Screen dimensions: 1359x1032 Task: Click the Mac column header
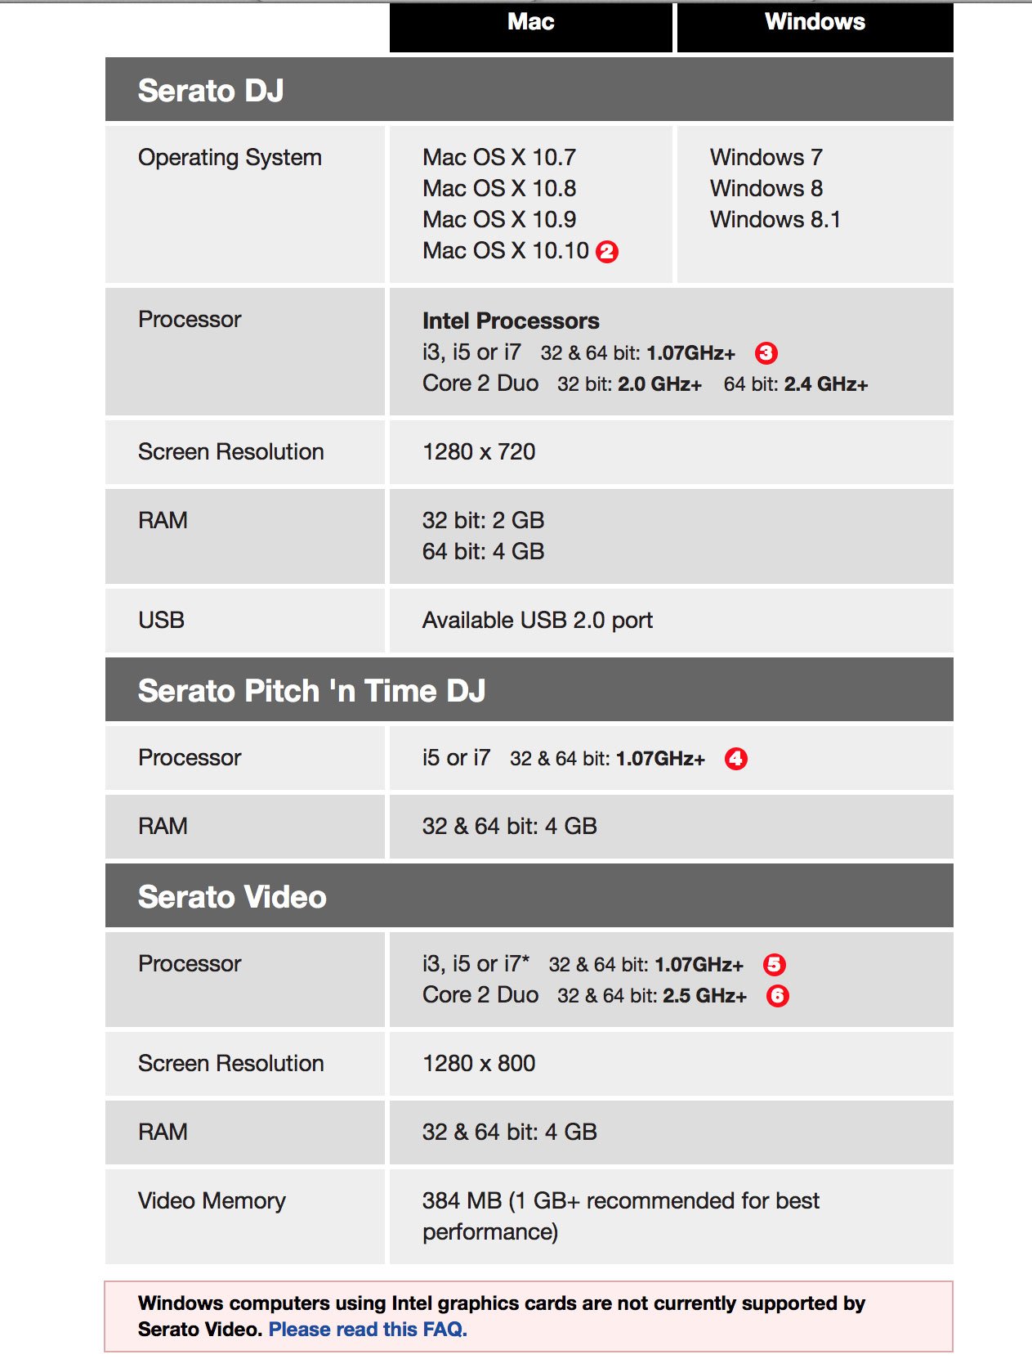coord(531,22)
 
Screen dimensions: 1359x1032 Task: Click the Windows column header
coord(815,22)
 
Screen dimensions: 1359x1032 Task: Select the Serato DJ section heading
coord(211,91)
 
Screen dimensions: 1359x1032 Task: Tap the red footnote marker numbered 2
coord(607,252)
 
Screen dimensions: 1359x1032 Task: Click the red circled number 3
coord(766,353)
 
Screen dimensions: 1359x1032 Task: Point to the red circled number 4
coord(736,759)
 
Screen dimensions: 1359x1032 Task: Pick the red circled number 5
coord(774,965)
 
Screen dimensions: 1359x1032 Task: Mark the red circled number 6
coord(777,996)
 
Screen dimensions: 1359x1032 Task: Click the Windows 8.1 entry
coord(775,220)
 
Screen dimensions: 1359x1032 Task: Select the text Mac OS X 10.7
coord(499,158)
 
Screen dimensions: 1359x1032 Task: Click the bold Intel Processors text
coord(511,321)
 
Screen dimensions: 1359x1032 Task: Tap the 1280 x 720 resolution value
coord(479,452)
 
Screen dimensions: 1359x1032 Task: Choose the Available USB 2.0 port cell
coord(538,621)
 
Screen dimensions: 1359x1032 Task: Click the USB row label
coord(162,621)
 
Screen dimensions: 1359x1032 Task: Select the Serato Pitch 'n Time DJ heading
coord(311,691)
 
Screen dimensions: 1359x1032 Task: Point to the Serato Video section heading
coord(232,897)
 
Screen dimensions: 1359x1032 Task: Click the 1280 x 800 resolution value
coord(479,1064)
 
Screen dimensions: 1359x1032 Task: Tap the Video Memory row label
coord(212,1201)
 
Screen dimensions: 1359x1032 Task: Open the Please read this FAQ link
coord(368,1330)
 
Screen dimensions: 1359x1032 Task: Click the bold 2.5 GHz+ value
coord(704,996)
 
